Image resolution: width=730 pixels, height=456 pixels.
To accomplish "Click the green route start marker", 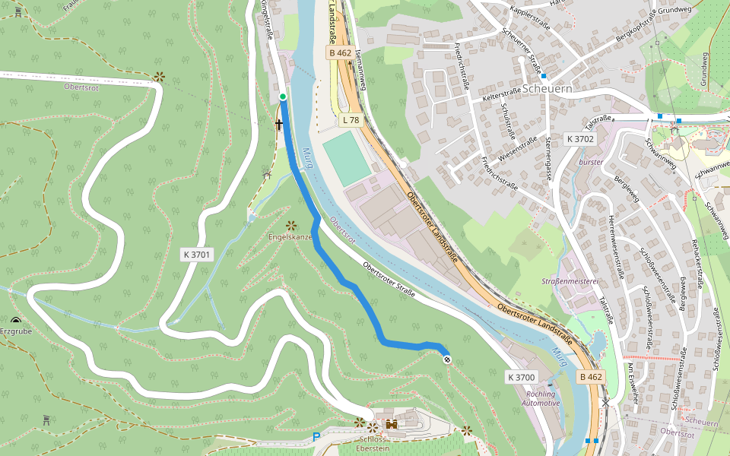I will tap(283, 97).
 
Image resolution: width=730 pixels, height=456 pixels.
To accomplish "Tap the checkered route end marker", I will tap(446, 359).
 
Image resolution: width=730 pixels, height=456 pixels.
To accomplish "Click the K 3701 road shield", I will tap(196, 255).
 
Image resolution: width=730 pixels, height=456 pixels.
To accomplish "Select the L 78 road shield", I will tap(351, 120).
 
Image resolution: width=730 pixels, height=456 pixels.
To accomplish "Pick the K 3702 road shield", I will tap(579, 139).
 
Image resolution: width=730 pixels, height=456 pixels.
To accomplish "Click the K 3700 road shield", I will tap(522, 377).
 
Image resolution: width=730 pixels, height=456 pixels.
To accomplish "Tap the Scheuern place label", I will tap(568, 88).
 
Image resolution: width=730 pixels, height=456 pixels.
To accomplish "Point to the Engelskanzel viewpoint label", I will tap(290, 237).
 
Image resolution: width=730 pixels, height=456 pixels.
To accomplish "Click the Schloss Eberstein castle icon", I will tap(392, 424).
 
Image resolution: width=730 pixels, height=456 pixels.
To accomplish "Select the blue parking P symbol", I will tap(316, 437).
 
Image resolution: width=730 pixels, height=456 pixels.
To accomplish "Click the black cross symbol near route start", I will tap(278, 124).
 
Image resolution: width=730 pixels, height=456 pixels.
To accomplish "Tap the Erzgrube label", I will tap(17, 331).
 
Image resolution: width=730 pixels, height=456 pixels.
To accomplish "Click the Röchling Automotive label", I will tap(543, 398).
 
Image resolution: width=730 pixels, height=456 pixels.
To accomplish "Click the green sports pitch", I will tap(348, 157).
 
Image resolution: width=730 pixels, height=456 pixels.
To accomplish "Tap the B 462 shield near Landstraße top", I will tap(340, 53).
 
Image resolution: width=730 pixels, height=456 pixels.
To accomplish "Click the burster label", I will tap(590, 162).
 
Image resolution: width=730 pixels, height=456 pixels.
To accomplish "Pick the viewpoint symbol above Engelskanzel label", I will tap(290, 225).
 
